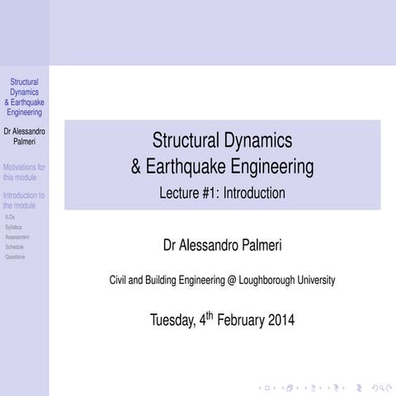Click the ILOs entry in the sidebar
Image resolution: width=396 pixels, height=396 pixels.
(x=9, y=217)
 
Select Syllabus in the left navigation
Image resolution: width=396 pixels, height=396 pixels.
(x=13, y=227)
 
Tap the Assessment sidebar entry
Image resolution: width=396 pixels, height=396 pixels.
(x=16, y=237)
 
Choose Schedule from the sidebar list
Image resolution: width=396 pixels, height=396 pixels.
(x=14, y=247)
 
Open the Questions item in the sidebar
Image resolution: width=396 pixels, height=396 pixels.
(x=15, y=257)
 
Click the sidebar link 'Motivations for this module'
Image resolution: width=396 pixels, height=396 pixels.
(x=24, y=172)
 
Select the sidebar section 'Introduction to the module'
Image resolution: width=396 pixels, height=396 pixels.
(x=24, y=200)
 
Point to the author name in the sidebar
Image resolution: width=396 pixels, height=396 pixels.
(x=24, y=136)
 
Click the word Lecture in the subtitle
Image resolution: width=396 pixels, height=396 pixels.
(x=183, y=194)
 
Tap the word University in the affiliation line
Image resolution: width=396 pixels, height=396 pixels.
(x=316, y=280)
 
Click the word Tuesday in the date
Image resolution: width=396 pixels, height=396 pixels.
(x=173, y=320)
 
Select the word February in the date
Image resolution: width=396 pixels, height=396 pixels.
(x=240, y=320)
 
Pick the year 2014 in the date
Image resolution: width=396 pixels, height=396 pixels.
(x=281, y=320)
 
